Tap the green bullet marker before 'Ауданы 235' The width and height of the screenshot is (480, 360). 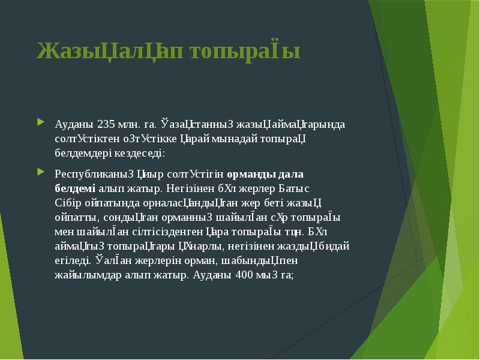coord(40,124)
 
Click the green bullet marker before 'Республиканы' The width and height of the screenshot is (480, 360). coord(40,173)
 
